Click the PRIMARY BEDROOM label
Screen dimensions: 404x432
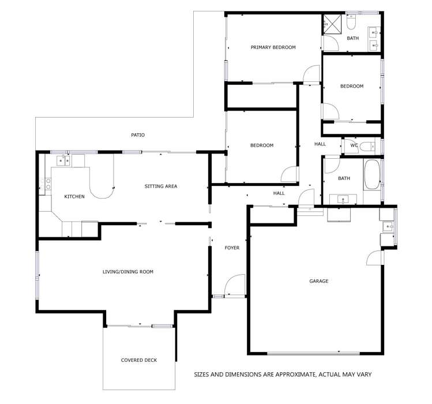(273, 47)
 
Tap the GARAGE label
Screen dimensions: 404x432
(318, 281)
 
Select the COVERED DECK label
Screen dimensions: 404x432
(138, 360)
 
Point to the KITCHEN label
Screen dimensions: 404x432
(74, 197)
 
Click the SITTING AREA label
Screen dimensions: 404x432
(160, 186)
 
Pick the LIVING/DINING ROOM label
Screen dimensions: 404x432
(128, 271)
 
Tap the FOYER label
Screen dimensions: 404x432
(232, 248)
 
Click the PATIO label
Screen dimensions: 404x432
(137, 135)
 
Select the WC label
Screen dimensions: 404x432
(354, 145)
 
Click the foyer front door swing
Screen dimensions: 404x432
(234, 286)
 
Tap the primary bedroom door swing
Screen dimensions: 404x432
(311, 74)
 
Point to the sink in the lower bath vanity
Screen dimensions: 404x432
(344, 200)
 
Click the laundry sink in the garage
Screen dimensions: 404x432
(388, 226)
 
